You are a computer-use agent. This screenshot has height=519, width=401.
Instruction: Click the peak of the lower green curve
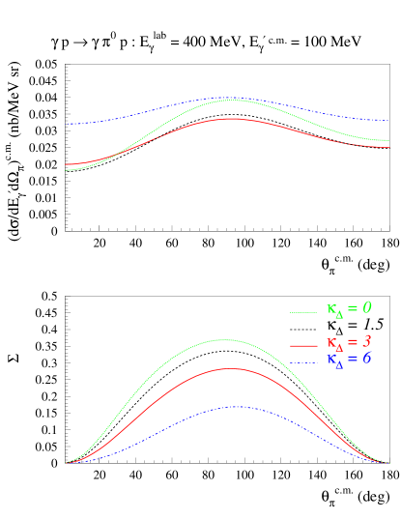(224, 339)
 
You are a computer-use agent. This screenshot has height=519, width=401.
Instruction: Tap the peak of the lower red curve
(228, 368)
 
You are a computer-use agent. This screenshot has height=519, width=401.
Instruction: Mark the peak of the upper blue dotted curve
(228, 97)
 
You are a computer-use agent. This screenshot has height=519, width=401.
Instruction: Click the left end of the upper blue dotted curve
(67, 124)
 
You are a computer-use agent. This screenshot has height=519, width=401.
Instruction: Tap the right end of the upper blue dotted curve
(388, 121)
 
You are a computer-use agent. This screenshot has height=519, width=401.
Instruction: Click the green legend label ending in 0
(349, 309)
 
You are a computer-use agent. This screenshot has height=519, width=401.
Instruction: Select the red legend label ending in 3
(349, 342)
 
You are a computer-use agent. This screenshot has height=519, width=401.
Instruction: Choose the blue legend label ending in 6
(349, 360)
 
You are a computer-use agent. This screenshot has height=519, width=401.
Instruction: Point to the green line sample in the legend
(303, 312)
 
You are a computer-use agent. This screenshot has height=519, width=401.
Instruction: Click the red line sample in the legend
(303, 345)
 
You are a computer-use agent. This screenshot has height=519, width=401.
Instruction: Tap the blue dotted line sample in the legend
(303, 362)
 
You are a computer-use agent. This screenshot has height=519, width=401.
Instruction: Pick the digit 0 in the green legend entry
(367, 308)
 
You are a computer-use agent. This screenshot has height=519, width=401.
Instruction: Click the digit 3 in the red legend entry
(367, 341)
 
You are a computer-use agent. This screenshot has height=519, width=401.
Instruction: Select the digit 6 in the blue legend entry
(367, 359)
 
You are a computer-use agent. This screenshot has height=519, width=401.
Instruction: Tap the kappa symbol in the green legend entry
(331, 310)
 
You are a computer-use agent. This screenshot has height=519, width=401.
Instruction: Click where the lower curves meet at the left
(66, 463)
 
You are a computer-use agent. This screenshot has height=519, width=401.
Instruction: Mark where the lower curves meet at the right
(388, 463)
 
